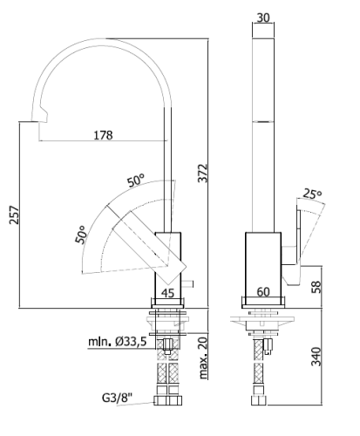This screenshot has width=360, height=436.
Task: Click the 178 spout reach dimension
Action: click(x=103, y=135)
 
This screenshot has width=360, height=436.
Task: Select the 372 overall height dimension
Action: click(x=203, y=174)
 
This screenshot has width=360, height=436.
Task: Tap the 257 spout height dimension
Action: click(x=14, y=215)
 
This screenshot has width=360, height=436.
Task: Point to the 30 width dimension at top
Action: click(x=263, y=17)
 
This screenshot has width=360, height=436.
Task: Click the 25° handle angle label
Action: click(x=312, y=194)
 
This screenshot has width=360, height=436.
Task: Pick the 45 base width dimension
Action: click(x=167, y=293)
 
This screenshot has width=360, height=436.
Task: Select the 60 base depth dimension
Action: click(x=263, y=292)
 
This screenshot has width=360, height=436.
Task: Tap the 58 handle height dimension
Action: click(x=316, y=287)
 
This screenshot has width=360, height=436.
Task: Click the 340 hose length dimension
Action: click(x=316, y=357)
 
